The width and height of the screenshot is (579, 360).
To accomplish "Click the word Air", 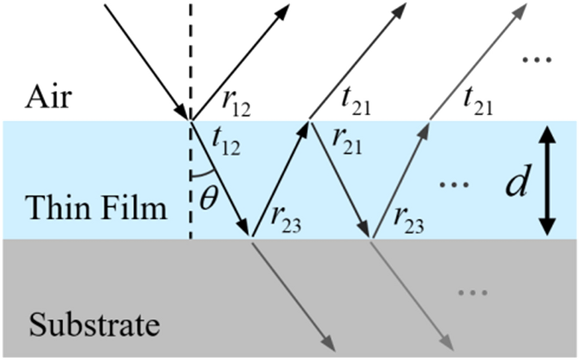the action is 48,97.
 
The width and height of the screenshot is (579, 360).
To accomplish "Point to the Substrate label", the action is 94,324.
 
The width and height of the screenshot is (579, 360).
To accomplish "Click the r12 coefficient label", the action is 236,104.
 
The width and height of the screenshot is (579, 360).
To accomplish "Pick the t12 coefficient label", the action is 226,142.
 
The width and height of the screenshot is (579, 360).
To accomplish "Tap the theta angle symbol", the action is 208,199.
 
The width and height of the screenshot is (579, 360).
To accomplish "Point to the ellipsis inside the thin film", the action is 455,183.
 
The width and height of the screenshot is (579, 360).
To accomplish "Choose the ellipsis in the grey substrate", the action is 473,293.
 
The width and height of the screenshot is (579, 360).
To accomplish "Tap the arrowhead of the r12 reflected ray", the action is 282,12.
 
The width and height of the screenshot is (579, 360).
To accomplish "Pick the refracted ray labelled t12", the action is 220,179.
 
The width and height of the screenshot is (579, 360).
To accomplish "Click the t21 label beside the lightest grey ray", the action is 478,102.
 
